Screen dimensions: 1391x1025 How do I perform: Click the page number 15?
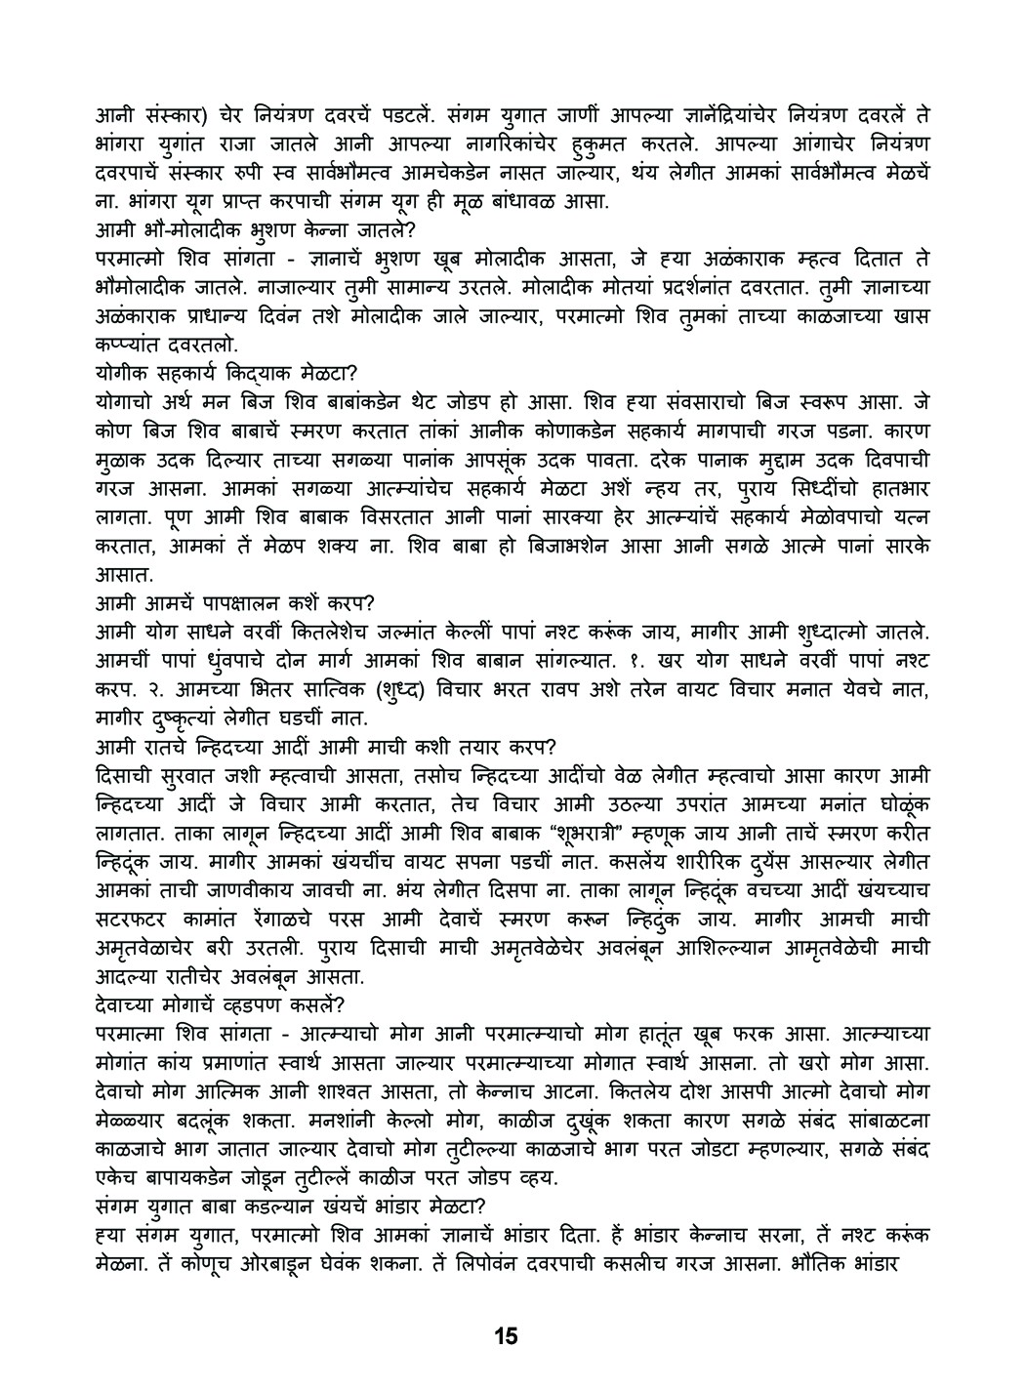(505, 1335)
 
